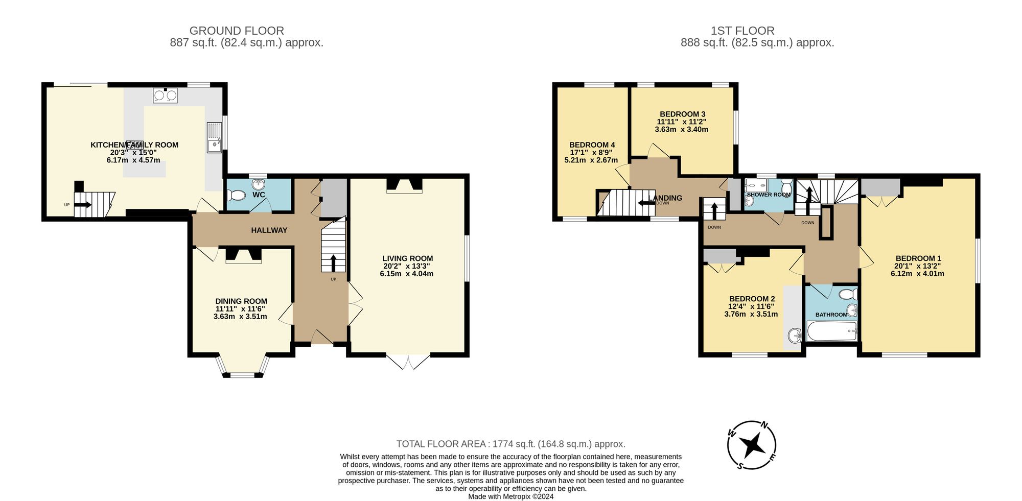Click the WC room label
[x=259, y=195]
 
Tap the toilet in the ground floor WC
[x=237, y=195]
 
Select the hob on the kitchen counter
[x=165, y=96]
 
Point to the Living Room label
[x=407, y=258]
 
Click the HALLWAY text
[x=269, y=230]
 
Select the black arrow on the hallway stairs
[x=333, y=263]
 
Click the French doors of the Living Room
[x=408, y=361]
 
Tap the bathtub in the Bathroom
[x=831, y=331]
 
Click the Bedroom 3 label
[x=682, y=114]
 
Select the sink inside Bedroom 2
[x=794, y=336]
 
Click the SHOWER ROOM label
[x=768, y=195]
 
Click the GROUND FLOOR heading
[x=237, y=31]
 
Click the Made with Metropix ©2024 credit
[x=510, y=496]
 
